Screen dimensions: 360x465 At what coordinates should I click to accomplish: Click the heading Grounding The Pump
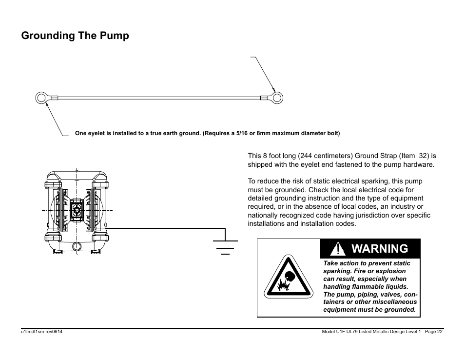click(75, 36)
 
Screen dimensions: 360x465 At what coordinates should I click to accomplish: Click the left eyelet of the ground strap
click(41, 98)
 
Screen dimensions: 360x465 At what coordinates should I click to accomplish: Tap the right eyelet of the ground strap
click(277, 98)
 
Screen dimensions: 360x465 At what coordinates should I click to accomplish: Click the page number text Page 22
click(433, 332)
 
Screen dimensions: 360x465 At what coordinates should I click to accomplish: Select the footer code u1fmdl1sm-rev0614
click(41, 332)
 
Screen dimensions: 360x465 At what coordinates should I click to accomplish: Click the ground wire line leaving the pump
click(161, 228)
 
